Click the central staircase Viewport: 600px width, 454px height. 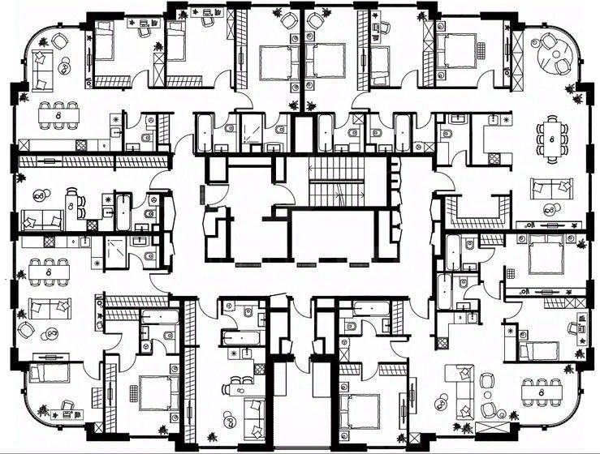[339, 182]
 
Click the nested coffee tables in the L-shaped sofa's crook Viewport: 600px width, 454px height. [444, 400]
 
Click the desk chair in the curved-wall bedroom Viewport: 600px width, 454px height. [68, 406]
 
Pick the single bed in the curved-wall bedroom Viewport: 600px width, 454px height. [45, 374]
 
